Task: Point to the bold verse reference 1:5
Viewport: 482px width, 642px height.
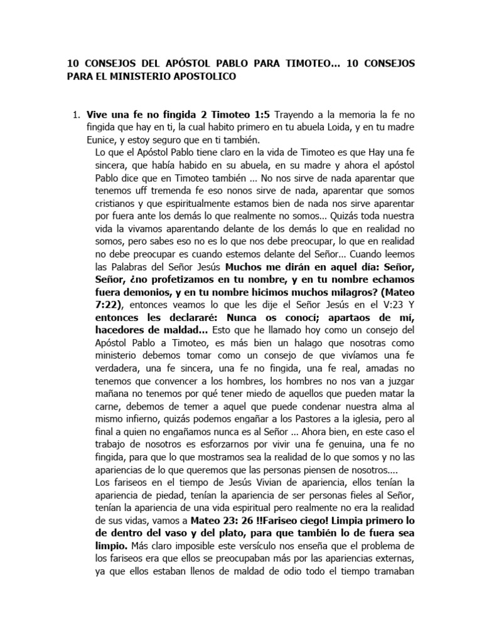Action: (x=224, y=115)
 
